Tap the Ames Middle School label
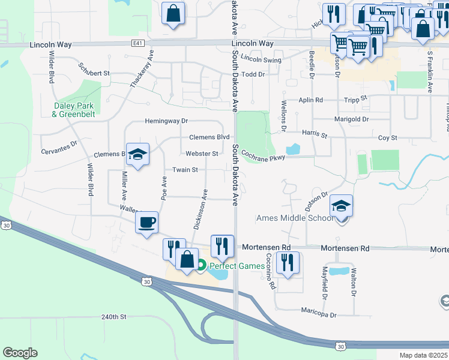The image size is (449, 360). (294, 218)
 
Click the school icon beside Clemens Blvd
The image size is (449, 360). (137, 154)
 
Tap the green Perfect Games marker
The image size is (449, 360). (202, 265)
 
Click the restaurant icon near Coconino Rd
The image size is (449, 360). (288, 263)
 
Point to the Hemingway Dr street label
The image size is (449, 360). (166, 121)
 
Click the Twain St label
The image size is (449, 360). (185, 170)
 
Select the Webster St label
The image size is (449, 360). (202, 154)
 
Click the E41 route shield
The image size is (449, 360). (138, 44)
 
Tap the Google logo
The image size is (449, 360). (20, 352)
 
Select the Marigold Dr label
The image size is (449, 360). (352, 119)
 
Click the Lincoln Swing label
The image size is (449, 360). (261, 60)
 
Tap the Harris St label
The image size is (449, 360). (315, 135)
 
